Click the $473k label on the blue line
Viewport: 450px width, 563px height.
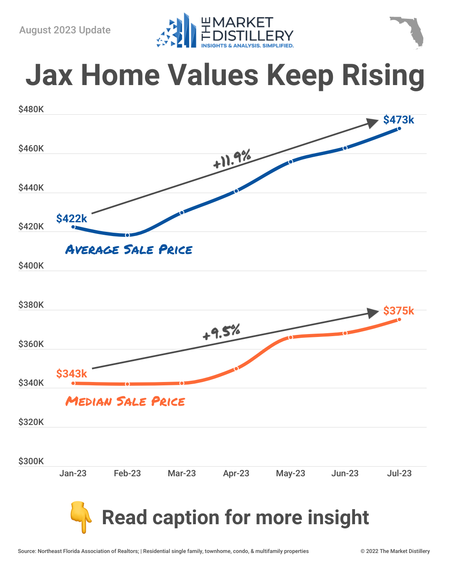click(x=398, y=120)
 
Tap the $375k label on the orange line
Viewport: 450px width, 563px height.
click(x=398, y=311)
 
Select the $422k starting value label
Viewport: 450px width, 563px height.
click(x=72, y=219)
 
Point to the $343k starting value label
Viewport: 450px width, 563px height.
click(x=72, y=374)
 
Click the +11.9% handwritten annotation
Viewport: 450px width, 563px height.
click(x=232, y=158)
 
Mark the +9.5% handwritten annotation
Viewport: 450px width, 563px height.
click(x=221, y=332)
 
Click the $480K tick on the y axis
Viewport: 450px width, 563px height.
click(x=31, y=110)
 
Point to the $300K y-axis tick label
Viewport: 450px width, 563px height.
click(x=31, y=461)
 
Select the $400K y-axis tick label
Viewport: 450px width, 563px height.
click(x=31, y=266)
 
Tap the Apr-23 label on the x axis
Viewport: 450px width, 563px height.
click(x=236, y=473)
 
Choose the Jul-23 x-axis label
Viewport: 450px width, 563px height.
click(x=399, y=473)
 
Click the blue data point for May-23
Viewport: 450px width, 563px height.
click(x=291, y=161)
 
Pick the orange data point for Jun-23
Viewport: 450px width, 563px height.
click(x=345, y=333)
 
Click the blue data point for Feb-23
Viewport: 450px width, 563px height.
click(x=127, y=235)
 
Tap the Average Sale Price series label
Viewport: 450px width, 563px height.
click(x=129, y=250)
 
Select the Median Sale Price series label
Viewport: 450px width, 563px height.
click(x=125, y=402)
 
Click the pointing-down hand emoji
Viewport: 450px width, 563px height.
click(x=81, y=518)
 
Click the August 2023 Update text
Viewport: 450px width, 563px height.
click(x=65, y=30)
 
